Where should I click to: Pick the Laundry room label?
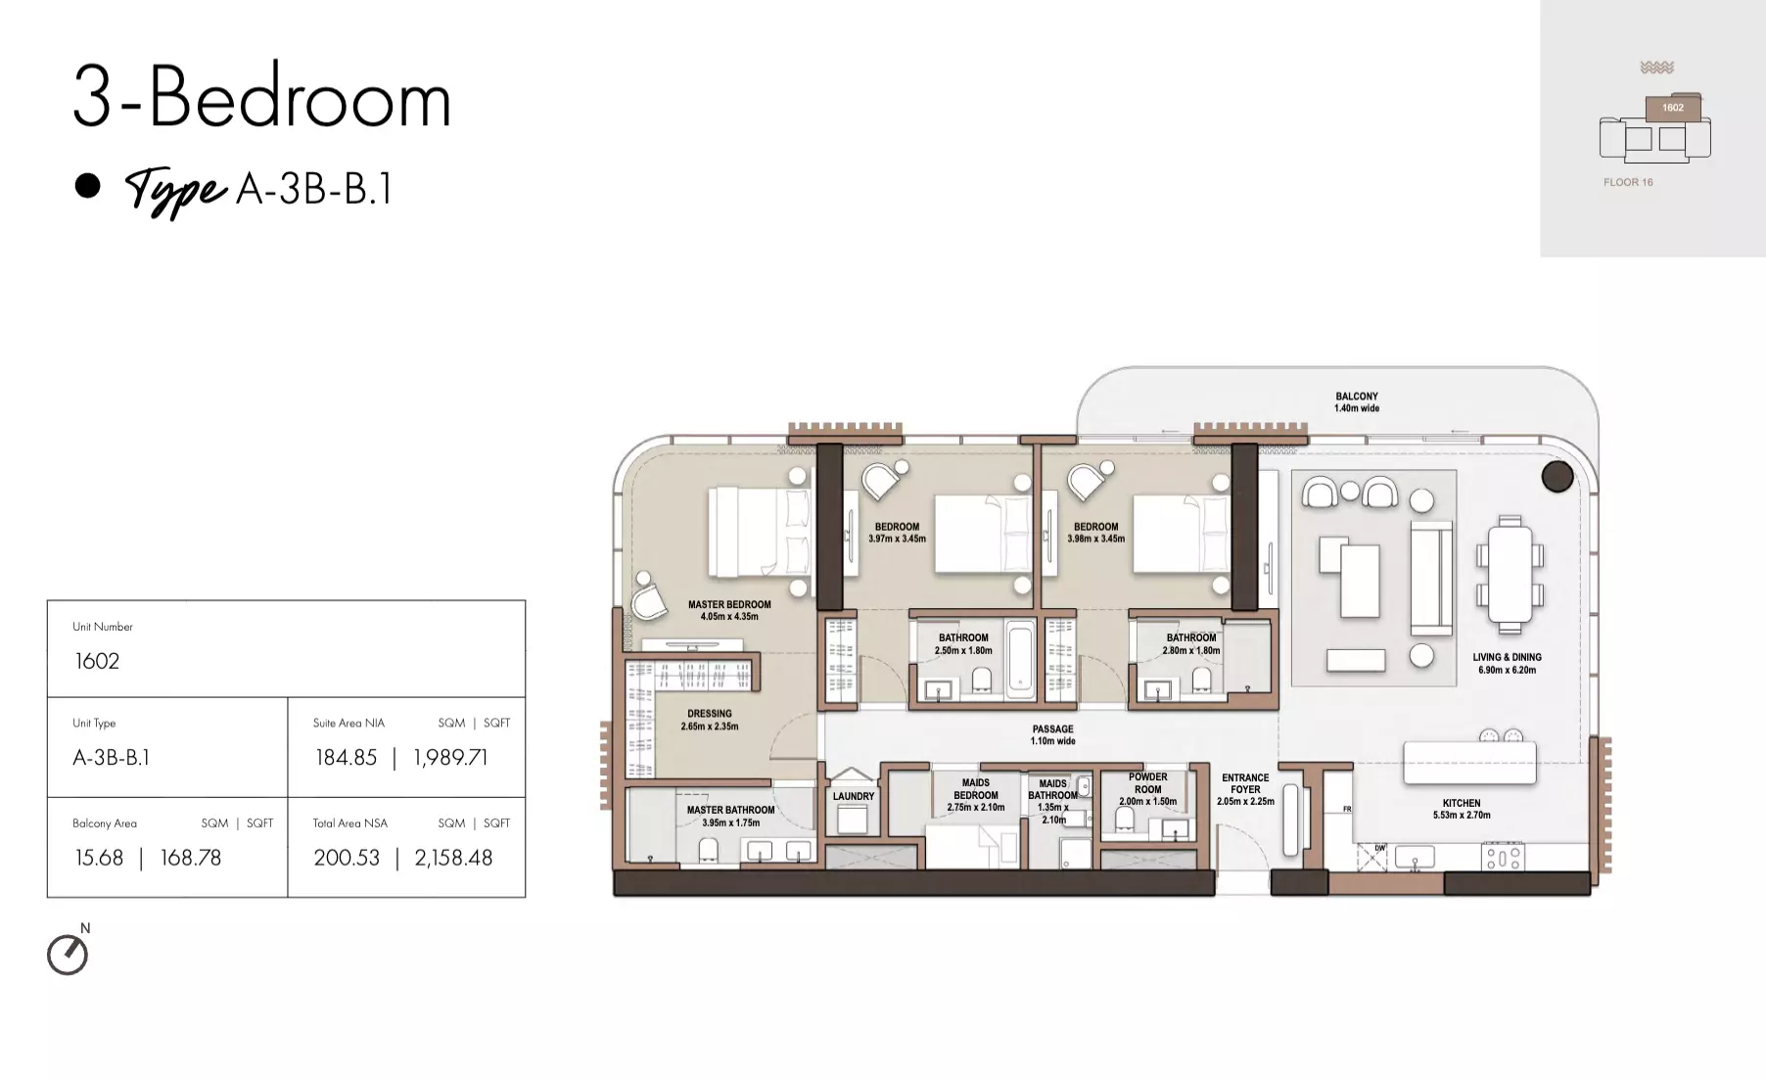854,796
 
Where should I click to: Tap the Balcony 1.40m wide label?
1357,402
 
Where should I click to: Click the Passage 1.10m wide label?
1053,735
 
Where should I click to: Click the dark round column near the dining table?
1557,477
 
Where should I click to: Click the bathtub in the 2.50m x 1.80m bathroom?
1019,658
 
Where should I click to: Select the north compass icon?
68,955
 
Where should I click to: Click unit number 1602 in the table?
97,661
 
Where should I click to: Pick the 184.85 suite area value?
346,757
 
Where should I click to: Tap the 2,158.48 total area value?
453,858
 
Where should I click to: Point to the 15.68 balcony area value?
99,858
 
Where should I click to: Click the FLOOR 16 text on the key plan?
1628,182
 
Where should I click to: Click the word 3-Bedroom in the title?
262,97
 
